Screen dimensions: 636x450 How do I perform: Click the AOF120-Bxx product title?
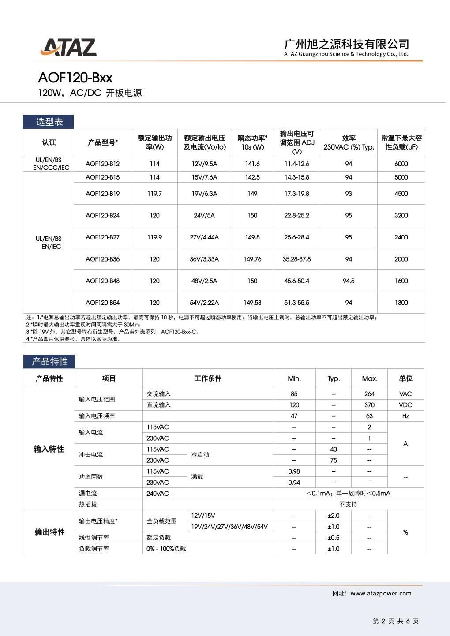click(75, 78)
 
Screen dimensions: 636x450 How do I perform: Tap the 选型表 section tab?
click(49, 122)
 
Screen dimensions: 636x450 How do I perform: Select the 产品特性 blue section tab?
click(49, 362)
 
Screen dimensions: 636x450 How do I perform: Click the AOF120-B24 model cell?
click(102, 215)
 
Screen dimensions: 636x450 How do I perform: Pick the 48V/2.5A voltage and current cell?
click(204, 281)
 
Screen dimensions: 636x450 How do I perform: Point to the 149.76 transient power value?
click(252, 259)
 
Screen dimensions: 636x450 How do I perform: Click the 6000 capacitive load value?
click(401, 164)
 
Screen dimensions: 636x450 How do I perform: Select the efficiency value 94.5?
click(349, 281)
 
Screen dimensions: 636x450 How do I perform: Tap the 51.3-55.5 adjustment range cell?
click(296, 303)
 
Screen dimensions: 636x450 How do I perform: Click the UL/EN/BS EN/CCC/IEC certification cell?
click(49, 164)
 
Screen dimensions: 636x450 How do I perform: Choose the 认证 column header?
click(49, 142)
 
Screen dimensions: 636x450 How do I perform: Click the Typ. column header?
click(334, 378)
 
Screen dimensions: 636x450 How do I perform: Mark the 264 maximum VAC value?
click(369, 394)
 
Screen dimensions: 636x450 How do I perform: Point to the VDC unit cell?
click(405, 405)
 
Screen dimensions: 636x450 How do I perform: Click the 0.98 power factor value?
click(294, 471)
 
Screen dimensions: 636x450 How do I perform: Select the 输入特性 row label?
click(49, 449)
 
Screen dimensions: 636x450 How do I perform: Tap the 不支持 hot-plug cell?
click(348, 504)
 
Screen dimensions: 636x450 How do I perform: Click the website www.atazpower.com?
click(381, 593)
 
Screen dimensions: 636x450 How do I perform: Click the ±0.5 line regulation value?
click(334, 538)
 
